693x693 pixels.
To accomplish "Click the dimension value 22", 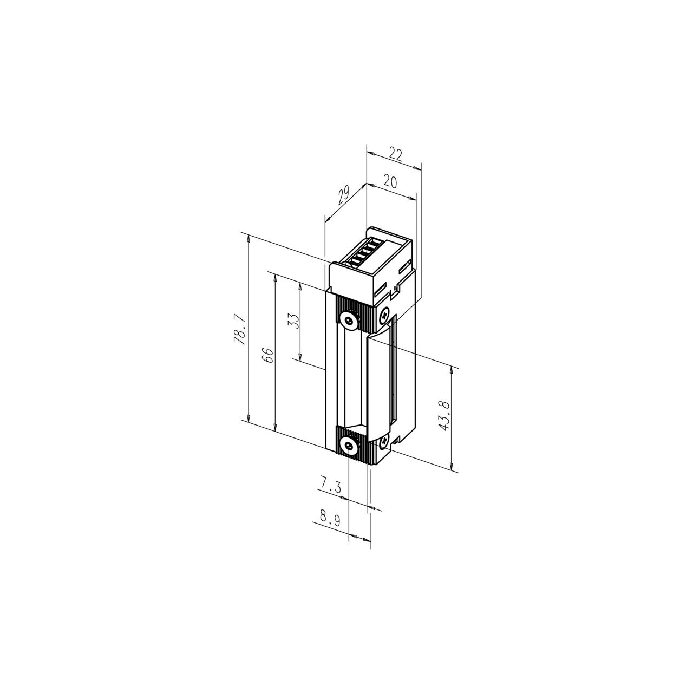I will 396,155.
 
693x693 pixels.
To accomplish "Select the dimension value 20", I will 390,182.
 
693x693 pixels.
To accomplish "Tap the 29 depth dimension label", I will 343,195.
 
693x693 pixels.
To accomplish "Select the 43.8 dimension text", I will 443,415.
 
